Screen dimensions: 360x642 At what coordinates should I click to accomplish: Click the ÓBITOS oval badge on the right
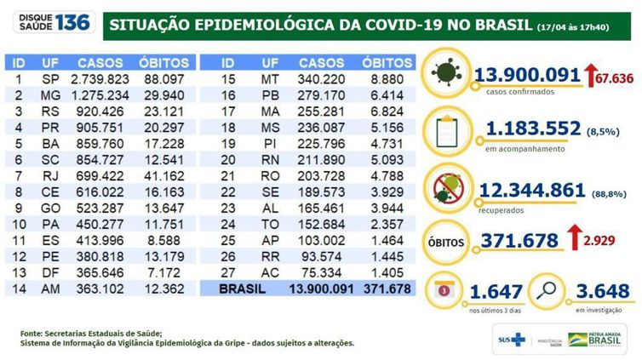pyautogui.click(x=448, y=243)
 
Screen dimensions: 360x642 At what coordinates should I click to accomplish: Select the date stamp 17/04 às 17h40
pyautogui.click(x=584, y=26)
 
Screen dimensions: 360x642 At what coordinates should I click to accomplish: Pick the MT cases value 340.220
pyautogui.click(x=322, y=78)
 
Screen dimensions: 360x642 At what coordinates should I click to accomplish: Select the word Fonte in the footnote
pyautogui.click(x=31, y=333)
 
